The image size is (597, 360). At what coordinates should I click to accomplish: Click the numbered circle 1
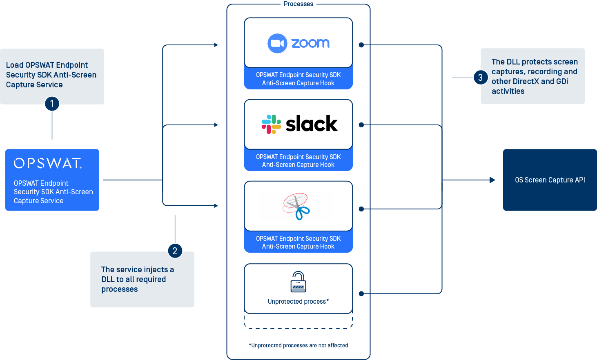[52, 104]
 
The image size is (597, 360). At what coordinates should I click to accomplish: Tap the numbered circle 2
[175, 251]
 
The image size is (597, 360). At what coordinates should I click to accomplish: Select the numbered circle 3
[481, 77]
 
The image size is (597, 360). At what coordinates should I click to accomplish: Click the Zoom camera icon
[277, 43]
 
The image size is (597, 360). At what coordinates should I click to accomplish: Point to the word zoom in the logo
[310, 43]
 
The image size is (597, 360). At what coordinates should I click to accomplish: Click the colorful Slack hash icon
[271, 124]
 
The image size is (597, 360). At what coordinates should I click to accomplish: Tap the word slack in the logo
[312, 124]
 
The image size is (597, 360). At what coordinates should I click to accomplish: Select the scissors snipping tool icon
[297, 206]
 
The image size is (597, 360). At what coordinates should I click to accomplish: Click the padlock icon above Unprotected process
[298, 282]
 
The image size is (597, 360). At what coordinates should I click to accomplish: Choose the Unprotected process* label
[298, 302]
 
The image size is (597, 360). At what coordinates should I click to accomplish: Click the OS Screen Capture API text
[550, 180]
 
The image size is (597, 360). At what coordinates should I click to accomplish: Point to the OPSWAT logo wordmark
[48, 163]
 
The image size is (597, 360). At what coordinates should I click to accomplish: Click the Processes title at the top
[298, 4]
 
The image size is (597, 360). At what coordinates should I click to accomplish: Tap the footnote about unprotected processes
[298, 345]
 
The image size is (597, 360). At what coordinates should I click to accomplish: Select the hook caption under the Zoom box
[298, 79]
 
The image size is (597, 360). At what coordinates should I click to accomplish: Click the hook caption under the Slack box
[298, 161]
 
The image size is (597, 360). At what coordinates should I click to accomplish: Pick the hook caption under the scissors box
[298, 242]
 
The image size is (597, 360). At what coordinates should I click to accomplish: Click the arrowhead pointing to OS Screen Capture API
[492, 180]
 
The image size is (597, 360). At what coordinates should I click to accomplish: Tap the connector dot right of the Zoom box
[361, 45]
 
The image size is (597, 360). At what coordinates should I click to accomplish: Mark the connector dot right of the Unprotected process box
[361, 293]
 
